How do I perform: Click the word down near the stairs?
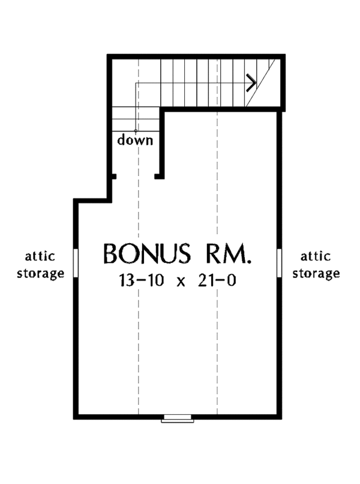point(135,141)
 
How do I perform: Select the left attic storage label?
point(41,265)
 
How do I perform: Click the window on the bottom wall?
point(177,419)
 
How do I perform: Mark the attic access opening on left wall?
point(75,263)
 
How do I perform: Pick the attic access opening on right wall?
point(280,263)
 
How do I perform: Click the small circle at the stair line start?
point(136,131)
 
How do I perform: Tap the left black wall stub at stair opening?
point(112,177)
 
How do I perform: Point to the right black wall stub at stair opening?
point(159,177)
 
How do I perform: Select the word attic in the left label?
point(41,257)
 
